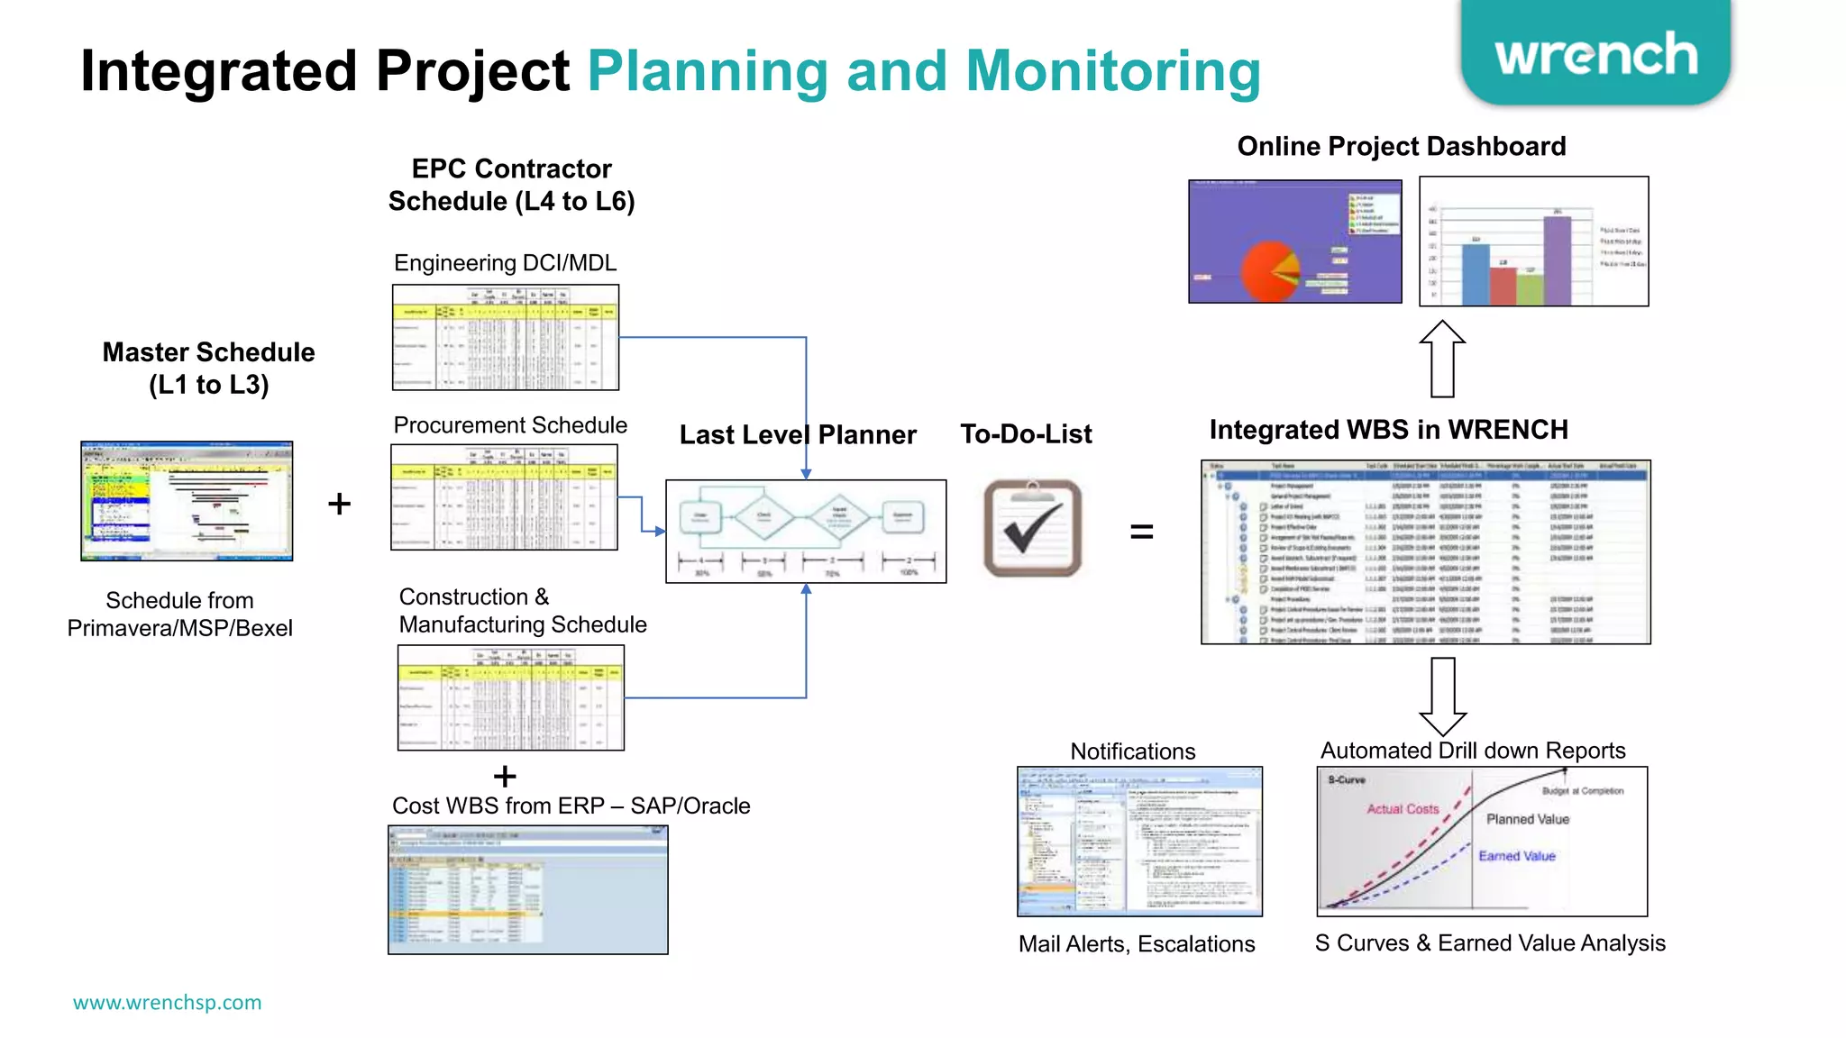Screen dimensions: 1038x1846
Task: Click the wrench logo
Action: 1595,54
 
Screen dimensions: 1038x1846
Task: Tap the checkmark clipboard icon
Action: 1032,529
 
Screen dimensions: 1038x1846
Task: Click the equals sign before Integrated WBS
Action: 1141,533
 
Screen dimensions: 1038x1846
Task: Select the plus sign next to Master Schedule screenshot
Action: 339,504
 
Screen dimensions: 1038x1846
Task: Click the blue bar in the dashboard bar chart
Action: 1476,274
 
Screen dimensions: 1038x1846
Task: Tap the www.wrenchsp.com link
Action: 168,1002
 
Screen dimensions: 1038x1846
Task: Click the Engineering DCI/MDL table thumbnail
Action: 506,337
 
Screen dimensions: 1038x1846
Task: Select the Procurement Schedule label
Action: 510,425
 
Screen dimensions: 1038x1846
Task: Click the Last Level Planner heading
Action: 798,435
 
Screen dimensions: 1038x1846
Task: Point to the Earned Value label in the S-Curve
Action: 1517,856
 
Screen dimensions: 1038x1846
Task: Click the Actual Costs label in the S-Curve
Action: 1403,809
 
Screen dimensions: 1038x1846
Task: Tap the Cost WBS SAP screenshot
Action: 528,890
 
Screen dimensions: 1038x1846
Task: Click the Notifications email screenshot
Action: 1139,842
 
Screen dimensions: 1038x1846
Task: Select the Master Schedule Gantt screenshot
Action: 187,501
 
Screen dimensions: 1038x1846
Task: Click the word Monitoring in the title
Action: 1112,71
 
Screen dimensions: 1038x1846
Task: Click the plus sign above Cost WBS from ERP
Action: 505,776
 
